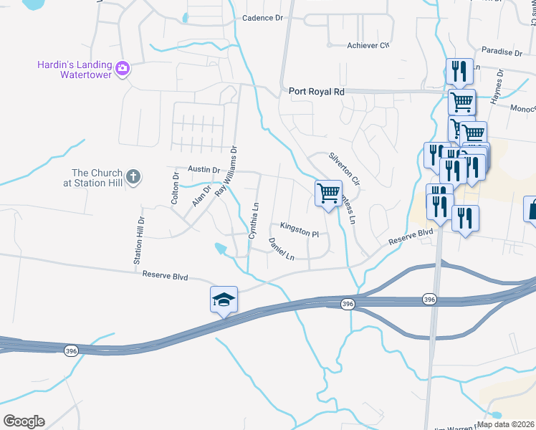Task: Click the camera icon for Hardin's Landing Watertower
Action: click(123, 68)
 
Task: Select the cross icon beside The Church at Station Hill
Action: click(133, 177)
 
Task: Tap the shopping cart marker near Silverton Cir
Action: click(328, 192)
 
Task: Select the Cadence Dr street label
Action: click(262, 18)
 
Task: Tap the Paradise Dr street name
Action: click(502, 52)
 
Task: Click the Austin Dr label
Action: click(204, 169)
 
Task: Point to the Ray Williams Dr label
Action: click(226, 171)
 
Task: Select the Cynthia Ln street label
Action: click(252, 220)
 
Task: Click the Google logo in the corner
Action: click(24, 421)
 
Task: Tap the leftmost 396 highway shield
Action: click(70, 350)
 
